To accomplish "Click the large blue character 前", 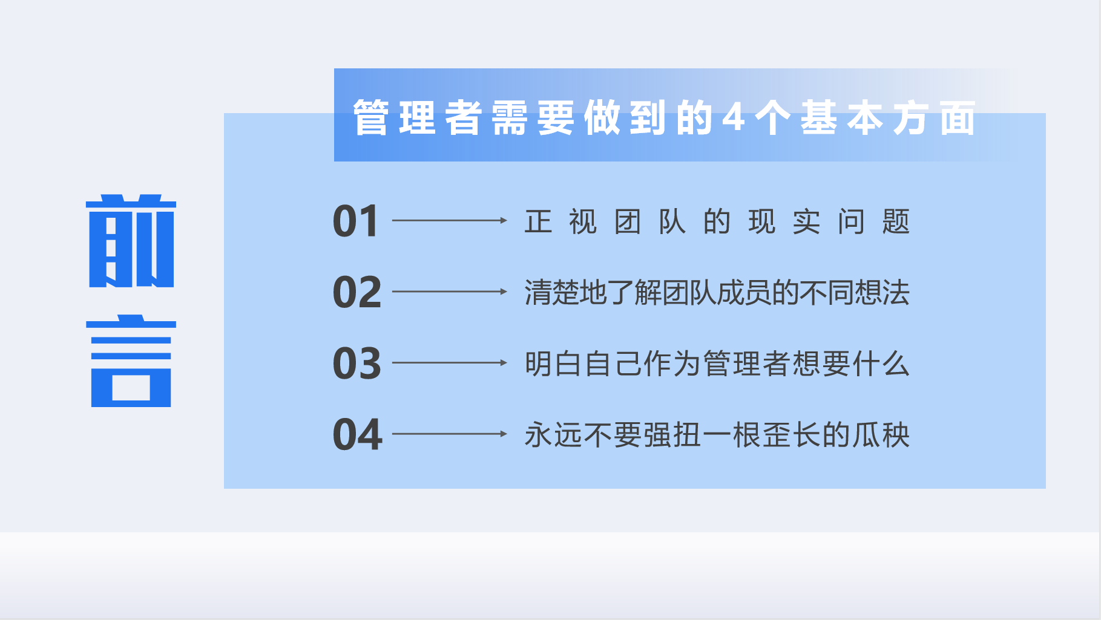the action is coord(131,241).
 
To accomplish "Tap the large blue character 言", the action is coord(131,361).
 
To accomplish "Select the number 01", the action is coord(356,221).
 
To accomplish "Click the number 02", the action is coord(357,292).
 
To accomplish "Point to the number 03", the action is coord(357,364).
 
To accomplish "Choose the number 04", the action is coord(358,435).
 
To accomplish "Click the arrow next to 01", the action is coord(450,221).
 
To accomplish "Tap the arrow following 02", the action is coord(450,292).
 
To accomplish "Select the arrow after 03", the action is coord(450,363).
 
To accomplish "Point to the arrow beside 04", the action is coord(450,434).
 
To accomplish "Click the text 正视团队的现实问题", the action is coord(717,221).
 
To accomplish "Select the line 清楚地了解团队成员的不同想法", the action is coord(717,293).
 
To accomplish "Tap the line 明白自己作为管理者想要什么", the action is coord(717,364).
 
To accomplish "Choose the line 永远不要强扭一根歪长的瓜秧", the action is coord(717,435).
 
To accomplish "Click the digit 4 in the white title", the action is coord(734,117).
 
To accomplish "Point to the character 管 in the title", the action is coord(371,117).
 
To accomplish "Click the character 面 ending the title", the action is coord(958,117).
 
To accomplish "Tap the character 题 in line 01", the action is coord(896,221).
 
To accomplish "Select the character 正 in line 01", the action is coord(538,221).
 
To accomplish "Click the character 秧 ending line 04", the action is coord(896,435).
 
